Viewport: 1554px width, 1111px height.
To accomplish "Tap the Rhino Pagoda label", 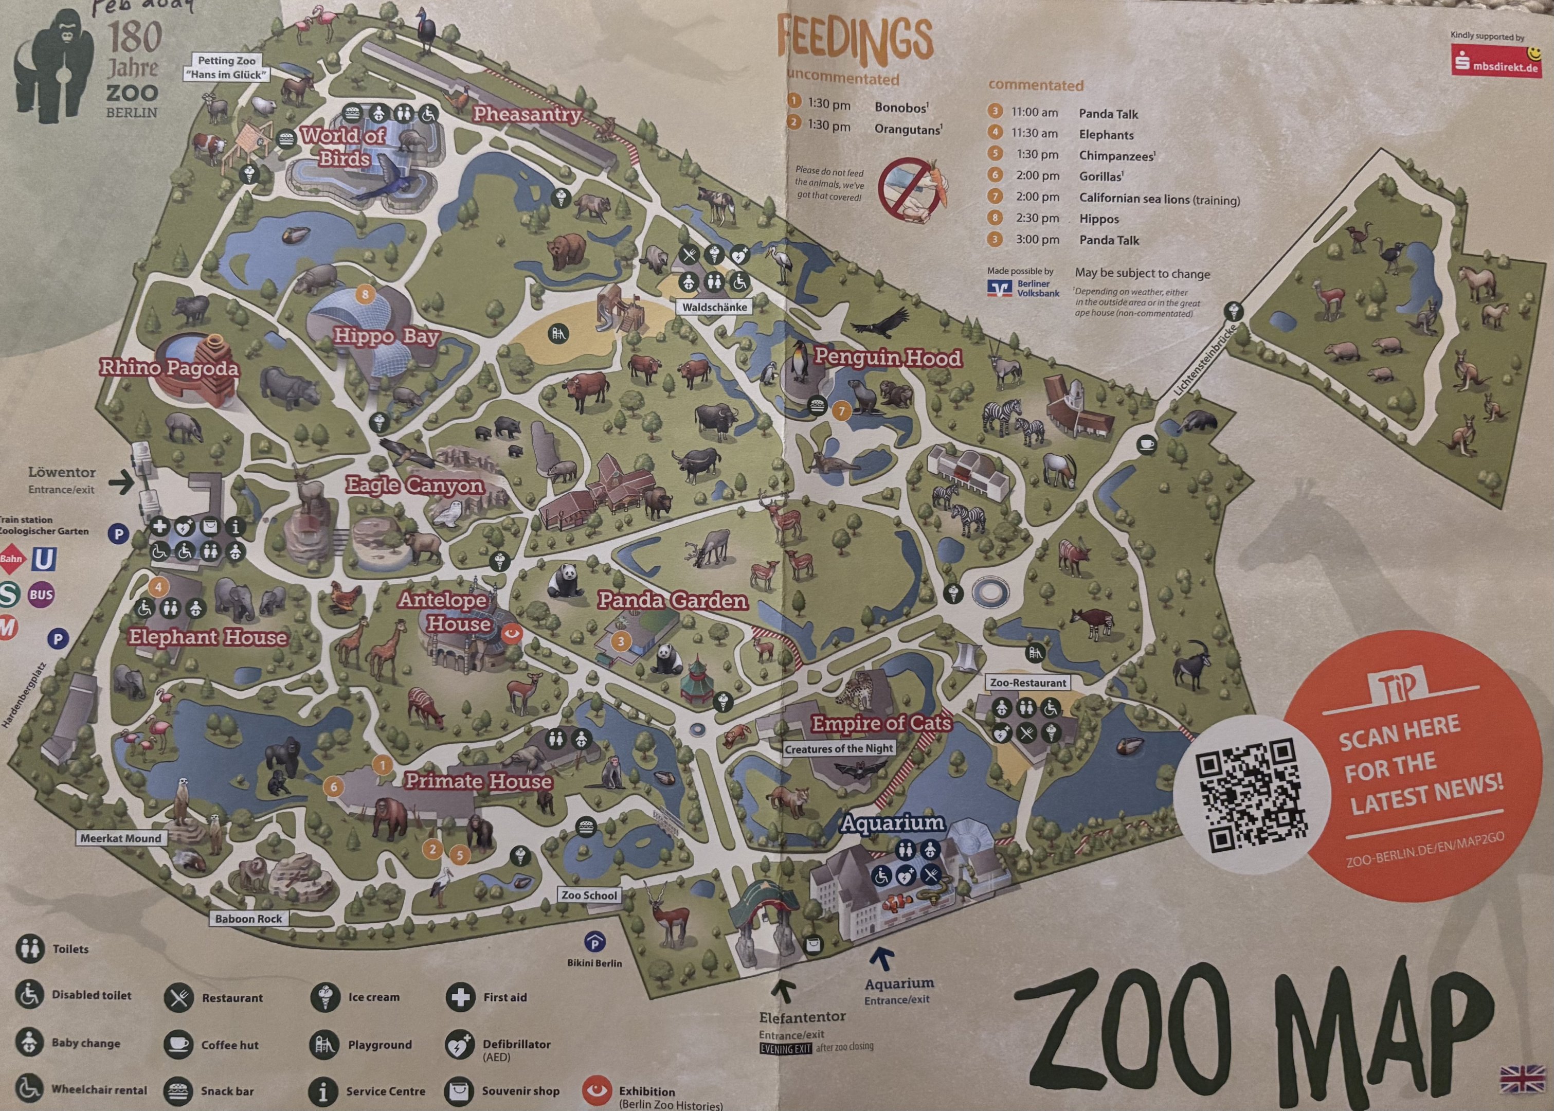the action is (170, 368).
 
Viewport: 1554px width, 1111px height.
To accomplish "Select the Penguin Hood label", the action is (887, 358).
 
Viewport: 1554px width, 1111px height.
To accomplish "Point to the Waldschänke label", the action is (714, 307).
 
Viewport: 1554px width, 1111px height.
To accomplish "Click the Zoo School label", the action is (589, 895).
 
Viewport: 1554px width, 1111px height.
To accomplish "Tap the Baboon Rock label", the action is (248, 919).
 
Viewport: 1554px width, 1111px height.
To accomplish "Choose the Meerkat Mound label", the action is (121, 838).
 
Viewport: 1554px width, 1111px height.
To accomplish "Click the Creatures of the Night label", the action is (839, 749).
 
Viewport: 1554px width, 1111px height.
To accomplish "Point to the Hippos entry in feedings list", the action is (1098, 219).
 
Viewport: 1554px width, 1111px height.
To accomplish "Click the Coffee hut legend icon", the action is (178, 1045).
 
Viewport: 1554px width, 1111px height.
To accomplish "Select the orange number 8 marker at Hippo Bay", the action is (365, 295).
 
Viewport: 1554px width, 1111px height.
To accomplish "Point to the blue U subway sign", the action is (43, 560).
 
